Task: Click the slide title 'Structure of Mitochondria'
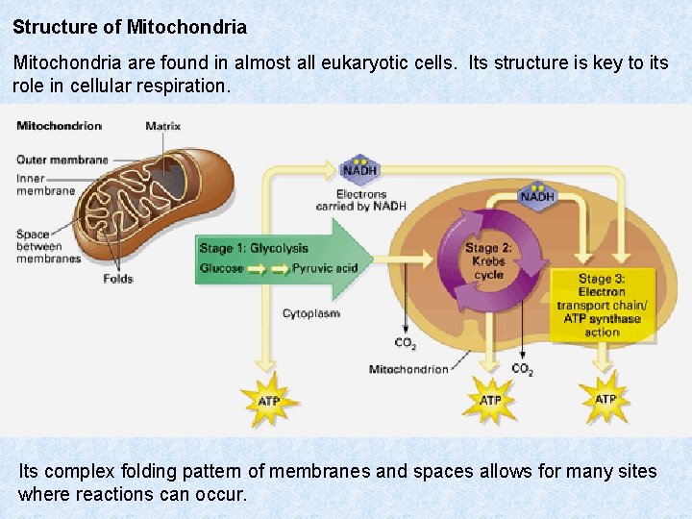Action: click(x=130, y=27)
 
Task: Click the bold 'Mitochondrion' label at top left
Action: click(x=59, y=126)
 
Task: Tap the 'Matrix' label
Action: click(x=162, y=126)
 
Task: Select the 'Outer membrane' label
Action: click(x=62, y=160)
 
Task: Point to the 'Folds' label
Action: click(x=118, y=279)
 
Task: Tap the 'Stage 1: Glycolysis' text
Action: click(x=254, y=248)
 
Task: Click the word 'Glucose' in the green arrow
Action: click(x=221, y=268)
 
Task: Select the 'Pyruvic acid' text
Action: click(x=325, y=268)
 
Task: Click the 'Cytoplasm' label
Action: click(x=310, y=313)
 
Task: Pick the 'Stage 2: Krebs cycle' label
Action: click(x=488, y=260)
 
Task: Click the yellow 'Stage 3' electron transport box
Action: click(x=602, y=306)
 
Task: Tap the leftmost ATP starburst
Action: click(x=270, y=400)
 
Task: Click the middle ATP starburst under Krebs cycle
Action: click(x=490, y=400)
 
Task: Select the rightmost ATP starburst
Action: click(x=605, y=399)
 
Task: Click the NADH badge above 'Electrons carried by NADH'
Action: click(x=359, y=169)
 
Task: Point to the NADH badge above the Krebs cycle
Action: click(x=537, y=195)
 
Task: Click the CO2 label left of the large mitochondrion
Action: click(x=406, y=342)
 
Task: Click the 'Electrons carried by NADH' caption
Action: click(x=361, y=200)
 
